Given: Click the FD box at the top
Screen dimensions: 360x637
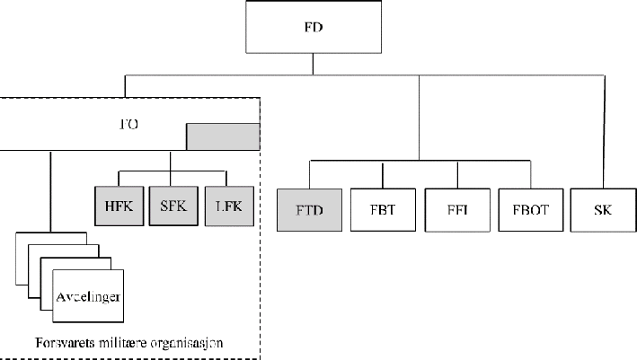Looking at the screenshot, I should [312, 29].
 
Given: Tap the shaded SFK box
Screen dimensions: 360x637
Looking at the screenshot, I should [170, 206].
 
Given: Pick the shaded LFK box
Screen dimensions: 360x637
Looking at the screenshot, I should [228, 206].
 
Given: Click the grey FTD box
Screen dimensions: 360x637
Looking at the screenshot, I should [309, 210].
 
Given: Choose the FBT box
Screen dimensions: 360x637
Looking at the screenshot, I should [383, 210].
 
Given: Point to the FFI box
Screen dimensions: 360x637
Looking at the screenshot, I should [456, 210].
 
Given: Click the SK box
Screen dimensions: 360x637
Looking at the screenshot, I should [604, 210].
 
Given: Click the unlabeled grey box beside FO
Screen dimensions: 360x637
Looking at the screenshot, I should [222, 136].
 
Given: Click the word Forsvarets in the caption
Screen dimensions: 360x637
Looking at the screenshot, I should [59, 342].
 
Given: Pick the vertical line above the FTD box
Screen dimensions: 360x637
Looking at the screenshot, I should [309, 174].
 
